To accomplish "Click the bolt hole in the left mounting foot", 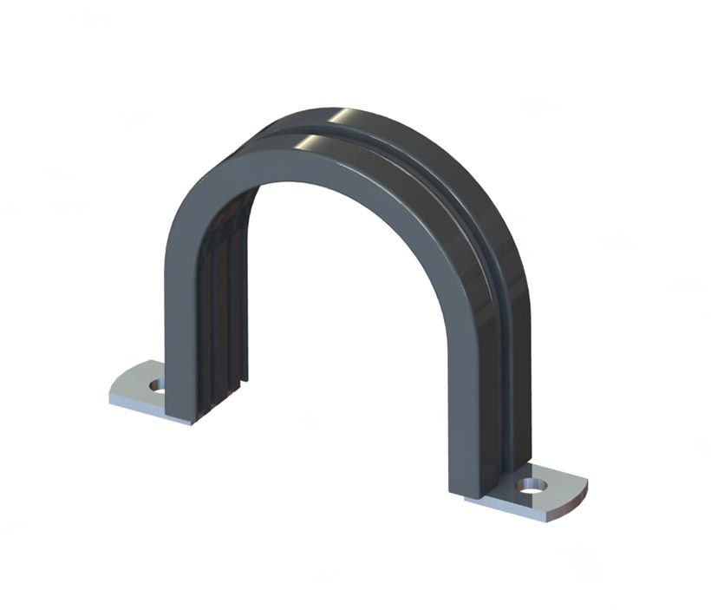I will tap(157, 384).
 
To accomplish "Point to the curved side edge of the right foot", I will tap(576, 500).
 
